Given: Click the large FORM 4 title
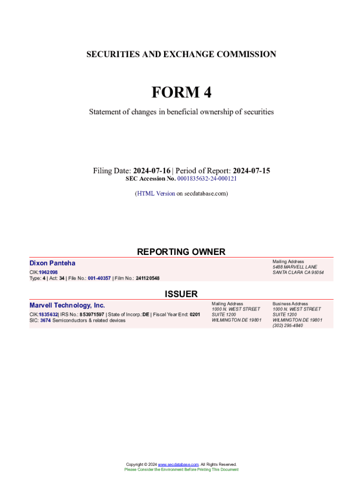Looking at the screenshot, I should click(181, 93).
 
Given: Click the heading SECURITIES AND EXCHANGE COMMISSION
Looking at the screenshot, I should click(181, 54).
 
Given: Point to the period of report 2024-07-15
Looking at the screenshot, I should click(252, 171).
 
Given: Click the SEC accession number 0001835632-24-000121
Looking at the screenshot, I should click(207, 179).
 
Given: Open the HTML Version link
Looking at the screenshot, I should click(156, 193).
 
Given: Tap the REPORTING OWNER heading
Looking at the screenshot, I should click(181, 252).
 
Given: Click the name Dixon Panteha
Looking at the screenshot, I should click(52, 263).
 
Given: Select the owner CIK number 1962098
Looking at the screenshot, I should click(48, 272).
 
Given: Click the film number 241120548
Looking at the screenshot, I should click(148, 278).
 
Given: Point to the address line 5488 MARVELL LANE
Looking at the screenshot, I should click(295, 267).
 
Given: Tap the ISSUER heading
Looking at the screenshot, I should click(181, 294).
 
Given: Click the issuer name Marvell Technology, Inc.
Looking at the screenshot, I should click(67, 305).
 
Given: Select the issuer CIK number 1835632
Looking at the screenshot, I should click(48, 315).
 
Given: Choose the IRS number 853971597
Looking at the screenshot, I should click(92, 315).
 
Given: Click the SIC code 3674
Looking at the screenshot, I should click(45, 320).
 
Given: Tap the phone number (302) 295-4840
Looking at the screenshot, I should click(288, 326).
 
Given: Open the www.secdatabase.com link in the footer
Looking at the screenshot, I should click(178, 464).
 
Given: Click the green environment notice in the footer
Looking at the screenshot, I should click(181, 469).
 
